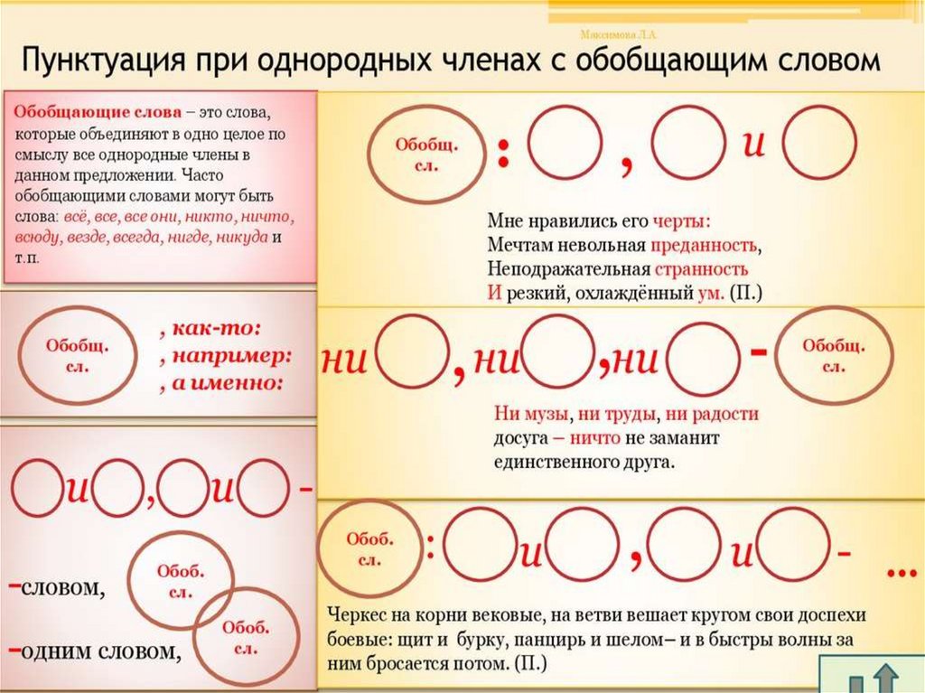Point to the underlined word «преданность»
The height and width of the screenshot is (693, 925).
coord(700,245)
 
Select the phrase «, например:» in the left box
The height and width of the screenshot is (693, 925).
coord(222,354)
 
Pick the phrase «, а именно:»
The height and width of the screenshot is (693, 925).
coord(220,382)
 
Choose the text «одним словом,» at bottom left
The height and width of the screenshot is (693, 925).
coord(99,651)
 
